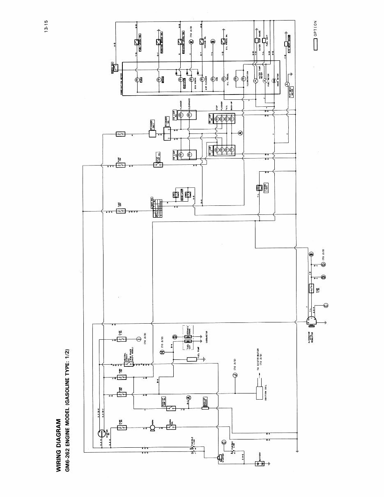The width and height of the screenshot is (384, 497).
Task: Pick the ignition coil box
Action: click(x=259, y=390)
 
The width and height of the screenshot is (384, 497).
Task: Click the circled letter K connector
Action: click(x=190, y=41)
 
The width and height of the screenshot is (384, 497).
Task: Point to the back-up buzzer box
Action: click(x=207, y=407)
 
